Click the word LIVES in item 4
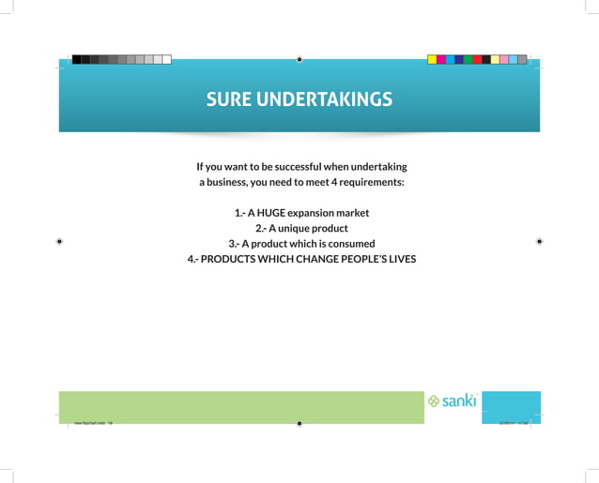tap(395, 259)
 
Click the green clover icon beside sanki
tap(434, 401)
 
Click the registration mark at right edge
tap(540, 241)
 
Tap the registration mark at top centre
tap(299, 59)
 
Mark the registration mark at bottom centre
tap(299, 423)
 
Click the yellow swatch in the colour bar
tap(432, 59)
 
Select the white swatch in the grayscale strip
tap(166, 59)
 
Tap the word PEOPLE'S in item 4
tap(352, 259)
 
